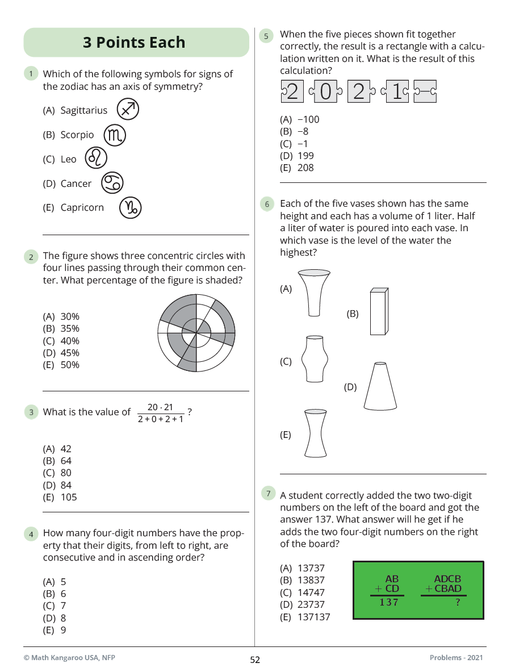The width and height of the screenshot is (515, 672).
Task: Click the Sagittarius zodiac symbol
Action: [128, 110]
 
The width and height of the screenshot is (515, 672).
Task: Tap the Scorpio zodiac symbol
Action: [115, 135]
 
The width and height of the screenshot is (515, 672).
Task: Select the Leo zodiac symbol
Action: [96, 158]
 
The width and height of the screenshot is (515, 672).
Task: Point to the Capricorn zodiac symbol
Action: [130, 207]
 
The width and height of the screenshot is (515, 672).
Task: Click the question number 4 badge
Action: [31, 534]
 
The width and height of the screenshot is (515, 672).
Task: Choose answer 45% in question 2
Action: [62, 353]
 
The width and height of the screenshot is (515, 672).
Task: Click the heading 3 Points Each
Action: [134, 43]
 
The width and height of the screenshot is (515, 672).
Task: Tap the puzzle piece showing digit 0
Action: [325, 91]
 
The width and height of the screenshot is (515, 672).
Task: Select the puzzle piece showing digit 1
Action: [396, 91]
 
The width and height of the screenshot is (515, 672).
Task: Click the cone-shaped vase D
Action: [380, 386]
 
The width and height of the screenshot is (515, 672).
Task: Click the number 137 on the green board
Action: [389, 602]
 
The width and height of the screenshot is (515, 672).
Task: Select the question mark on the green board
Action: [458, 603]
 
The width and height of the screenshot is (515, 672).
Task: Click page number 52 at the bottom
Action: [255, 660]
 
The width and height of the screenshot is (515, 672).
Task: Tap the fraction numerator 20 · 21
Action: [160, 407]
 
